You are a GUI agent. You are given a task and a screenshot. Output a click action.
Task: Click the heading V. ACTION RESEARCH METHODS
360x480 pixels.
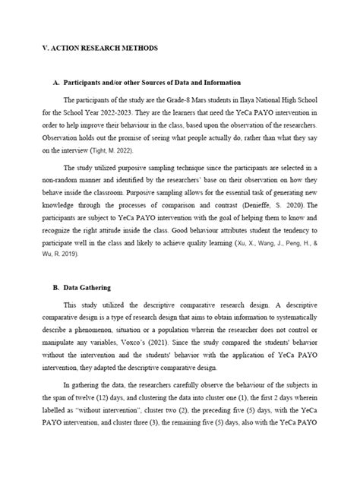pos(99,47)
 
